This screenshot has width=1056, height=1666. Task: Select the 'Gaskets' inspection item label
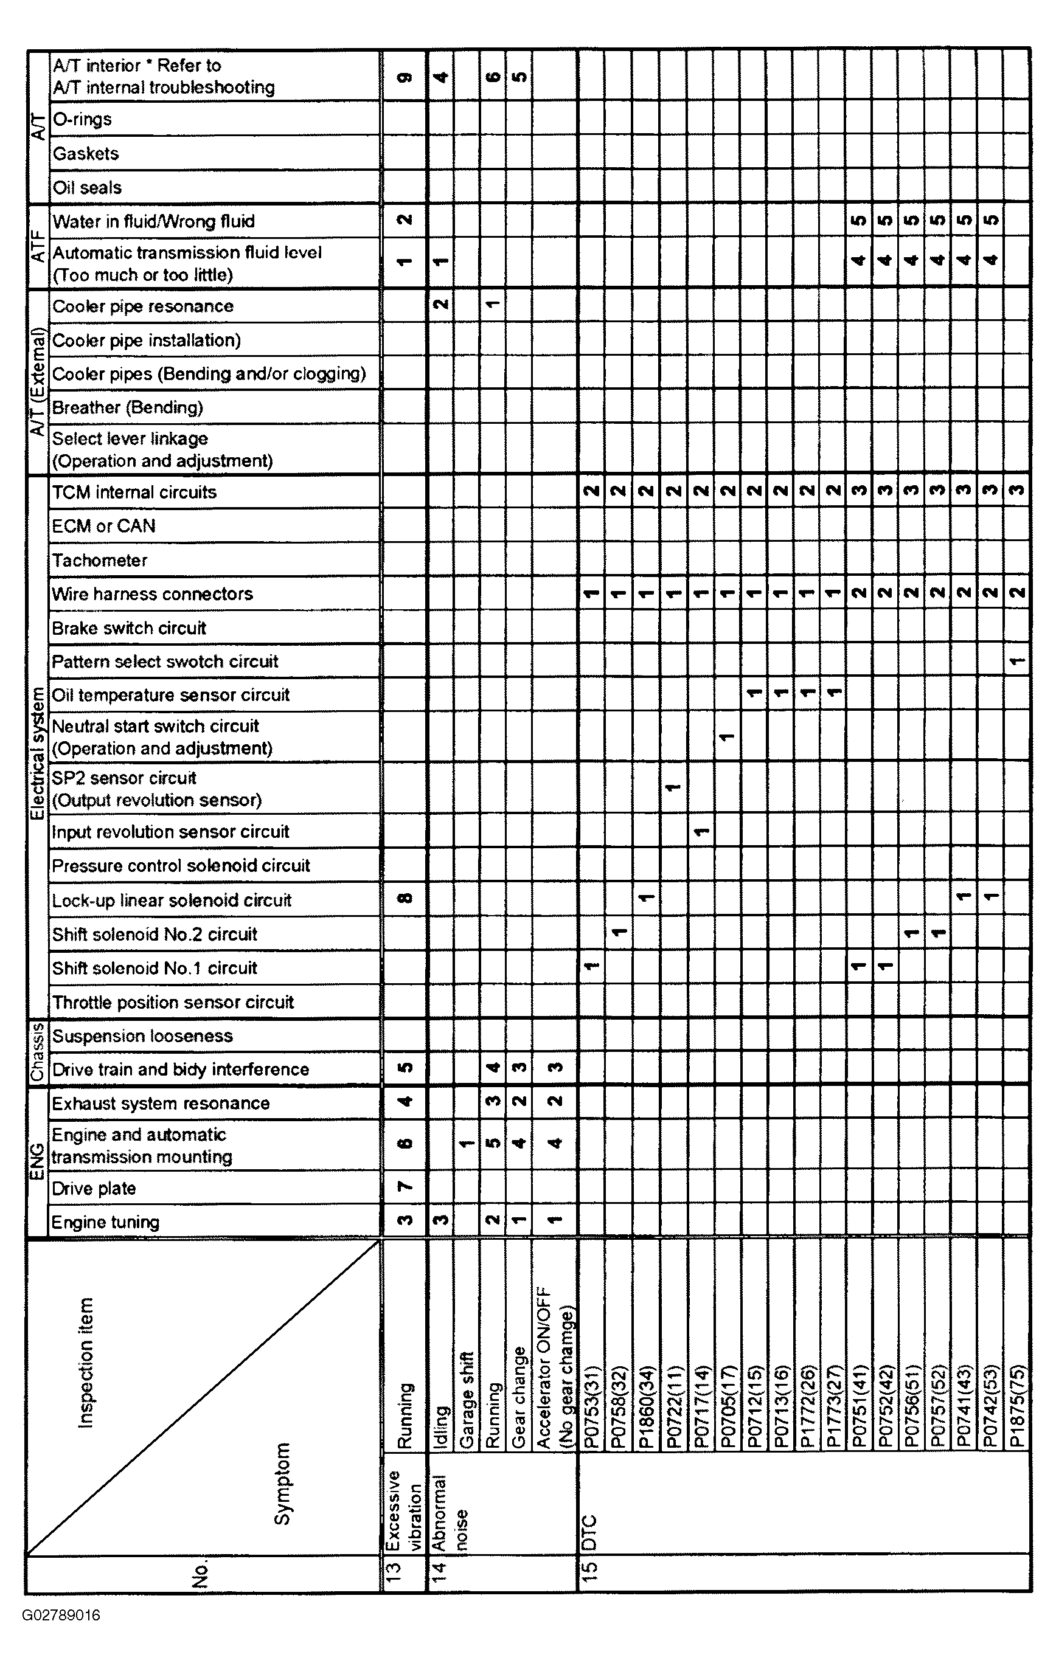coord(86,154)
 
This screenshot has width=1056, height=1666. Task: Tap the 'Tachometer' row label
coord(100,561)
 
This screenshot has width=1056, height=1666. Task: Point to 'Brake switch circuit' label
coord(130,628)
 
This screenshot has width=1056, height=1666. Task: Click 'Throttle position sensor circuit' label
coord(173,1002)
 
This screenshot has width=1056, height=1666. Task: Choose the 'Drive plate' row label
coord(94,1189)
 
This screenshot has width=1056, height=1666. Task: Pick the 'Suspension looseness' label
coord(142,1035)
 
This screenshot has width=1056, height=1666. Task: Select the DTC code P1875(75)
coord(1016,1407)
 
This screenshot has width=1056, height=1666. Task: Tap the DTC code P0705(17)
coord(726,1407)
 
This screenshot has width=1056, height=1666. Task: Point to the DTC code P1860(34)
coord(645,1407)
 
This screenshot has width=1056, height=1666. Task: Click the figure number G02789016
coord(61,1616)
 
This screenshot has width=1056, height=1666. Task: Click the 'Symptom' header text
coord(282,1484)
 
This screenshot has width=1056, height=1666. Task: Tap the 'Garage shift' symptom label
coord(467,1400)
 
